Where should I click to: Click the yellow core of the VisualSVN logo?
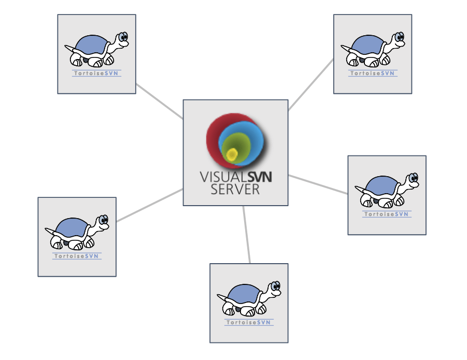point(232,153)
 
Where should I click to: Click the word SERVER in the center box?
point(235,190)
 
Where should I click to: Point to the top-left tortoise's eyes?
point(123,37)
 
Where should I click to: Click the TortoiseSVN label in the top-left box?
point(96,74)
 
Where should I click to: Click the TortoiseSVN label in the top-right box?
point(373,74)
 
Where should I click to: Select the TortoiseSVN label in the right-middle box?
point(387,214)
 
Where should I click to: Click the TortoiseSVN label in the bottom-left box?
point(77,256)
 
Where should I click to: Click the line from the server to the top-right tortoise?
point(311,84)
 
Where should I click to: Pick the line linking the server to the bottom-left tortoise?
point(150,206)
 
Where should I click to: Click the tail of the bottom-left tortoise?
point(49,230)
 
